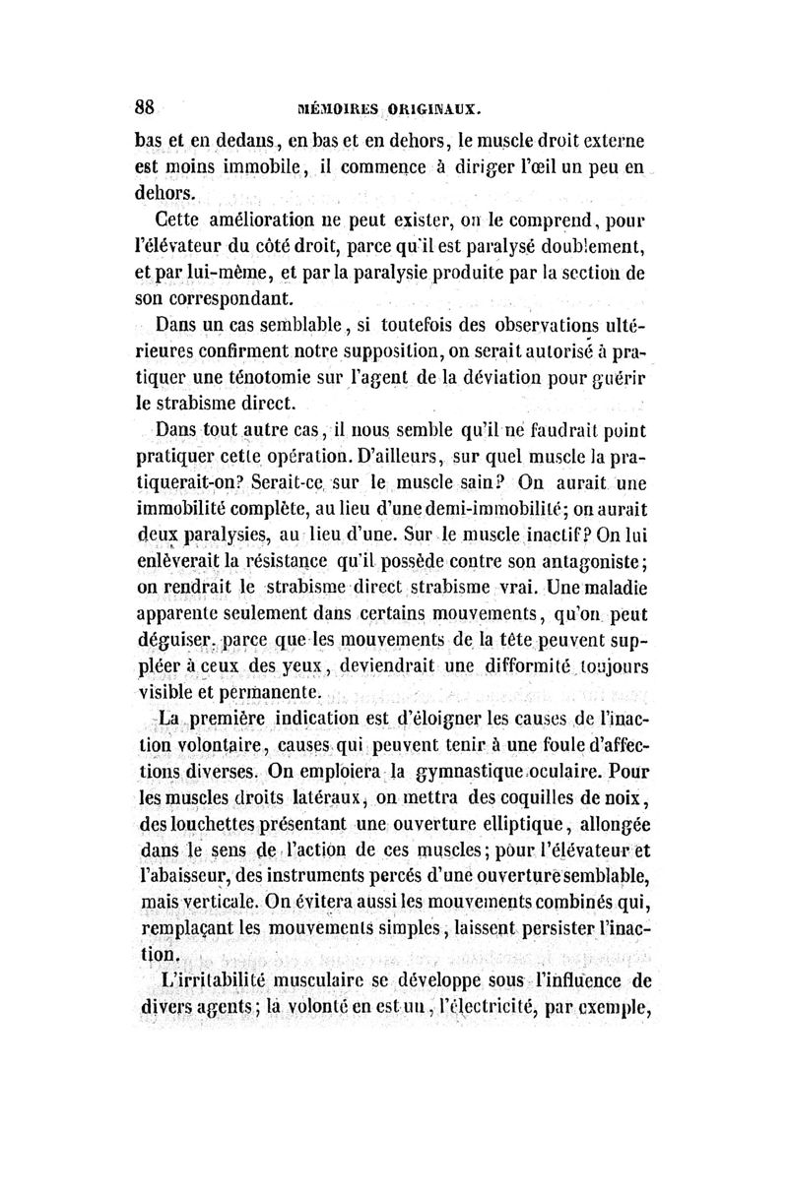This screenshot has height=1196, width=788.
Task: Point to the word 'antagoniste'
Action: [583, 564]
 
